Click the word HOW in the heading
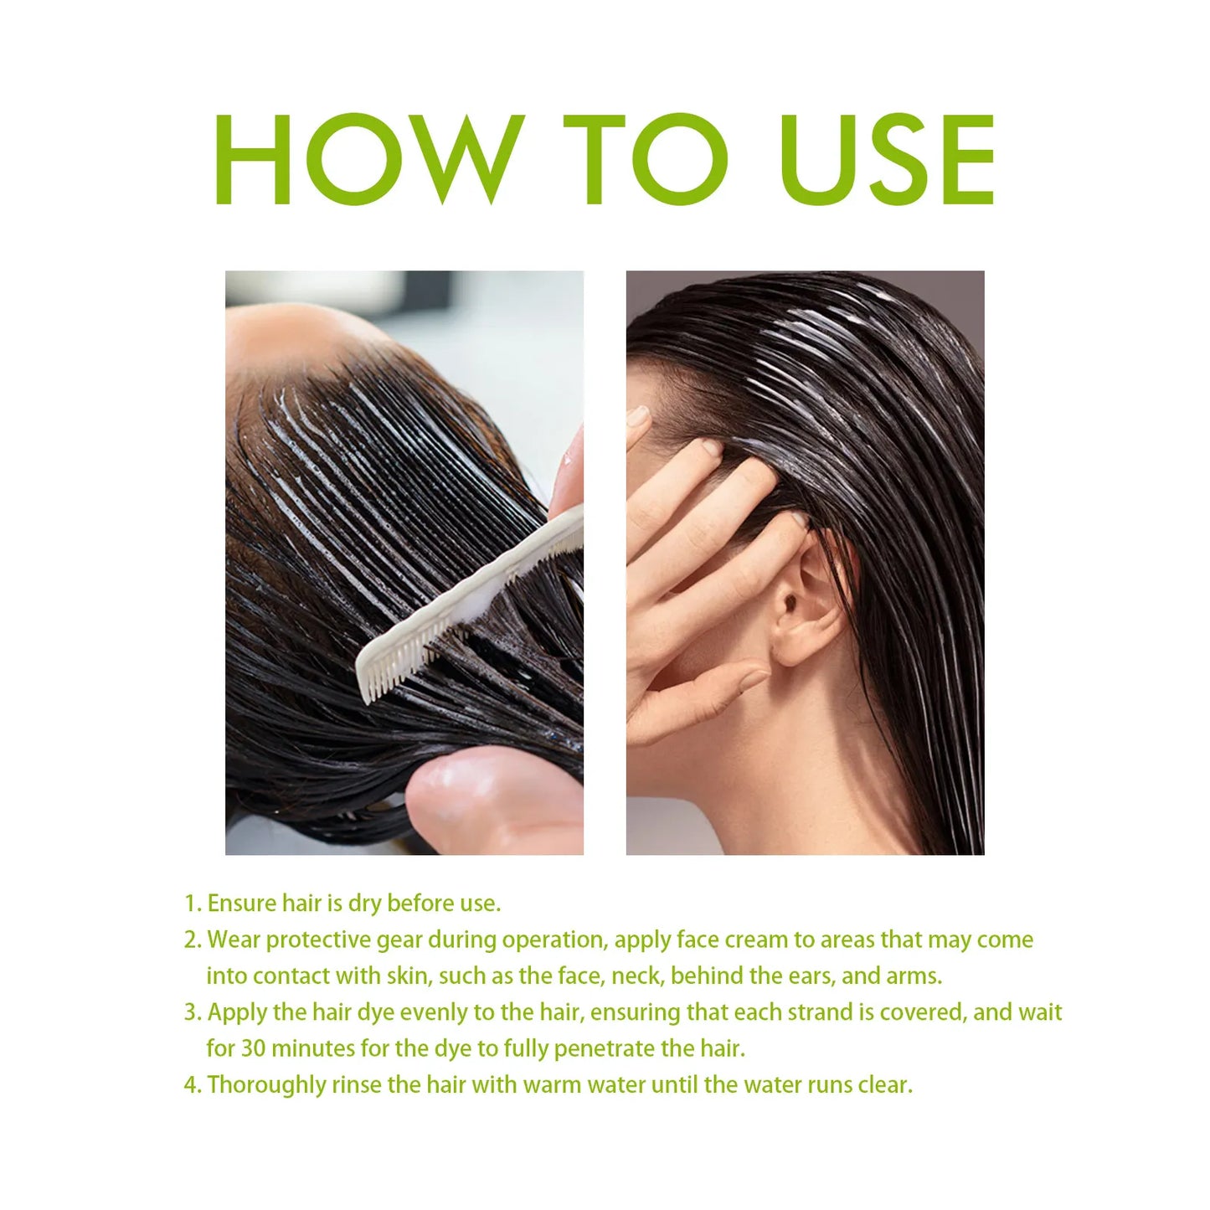coord(369,159)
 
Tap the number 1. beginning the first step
coord(193,904)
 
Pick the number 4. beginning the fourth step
coord(193,1085)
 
